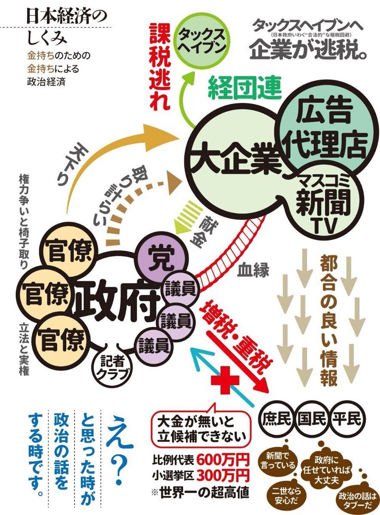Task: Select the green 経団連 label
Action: (244, 89)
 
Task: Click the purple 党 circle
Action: (161, 258)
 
